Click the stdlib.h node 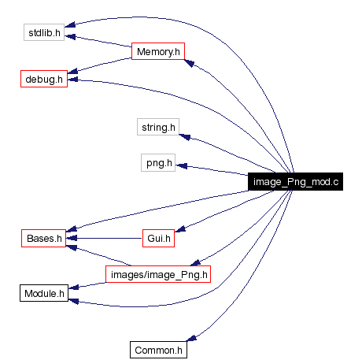click(x=43, y=34)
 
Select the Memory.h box click(x=158, y=52)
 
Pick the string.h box click(x=159, y=126)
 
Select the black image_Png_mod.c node click(x=295, y=182)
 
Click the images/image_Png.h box click(x=157, y=274)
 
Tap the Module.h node click(x=43, y=294)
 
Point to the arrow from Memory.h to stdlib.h click(x=98, y=41)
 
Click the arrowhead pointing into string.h click(x=186, y=137)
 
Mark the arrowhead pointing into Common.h click(x=191, y=339)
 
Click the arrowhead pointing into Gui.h click(x=179, y=230)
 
